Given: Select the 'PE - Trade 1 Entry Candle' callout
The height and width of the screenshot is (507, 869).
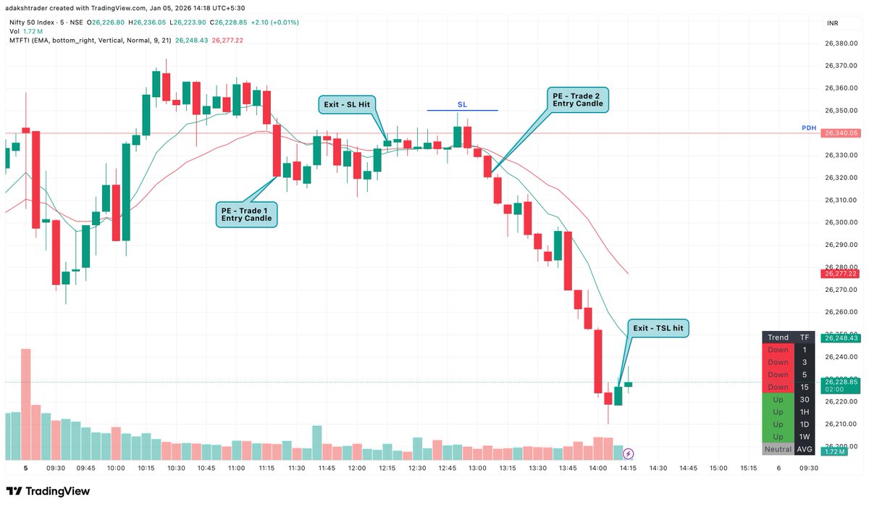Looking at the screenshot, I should coord(247,214).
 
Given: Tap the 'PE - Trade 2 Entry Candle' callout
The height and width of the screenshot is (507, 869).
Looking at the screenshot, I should coord(577,99).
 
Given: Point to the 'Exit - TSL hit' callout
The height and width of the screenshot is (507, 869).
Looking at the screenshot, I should coord(658,328).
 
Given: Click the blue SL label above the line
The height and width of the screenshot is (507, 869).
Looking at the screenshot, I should coord(462,105).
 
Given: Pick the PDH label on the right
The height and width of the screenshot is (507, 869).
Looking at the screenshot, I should coord(808,128).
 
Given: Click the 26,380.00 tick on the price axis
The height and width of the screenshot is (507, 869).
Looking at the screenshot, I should coord(841,43).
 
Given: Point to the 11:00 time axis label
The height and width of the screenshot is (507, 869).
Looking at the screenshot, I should coord(236,469).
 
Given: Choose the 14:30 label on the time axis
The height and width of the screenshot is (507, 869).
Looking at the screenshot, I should coord(658,469).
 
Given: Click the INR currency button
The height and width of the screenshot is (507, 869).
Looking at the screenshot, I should coord(834,23).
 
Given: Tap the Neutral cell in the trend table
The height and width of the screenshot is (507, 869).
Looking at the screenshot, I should coord(778,449).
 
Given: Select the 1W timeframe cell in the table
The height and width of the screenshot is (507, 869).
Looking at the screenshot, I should coord(805,437).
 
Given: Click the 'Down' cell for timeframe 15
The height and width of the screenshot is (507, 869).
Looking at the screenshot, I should coord(778,387).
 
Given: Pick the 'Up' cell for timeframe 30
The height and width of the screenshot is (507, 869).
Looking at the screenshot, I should coord(778,400).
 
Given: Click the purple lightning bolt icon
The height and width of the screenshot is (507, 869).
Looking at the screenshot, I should coord(628,454).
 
